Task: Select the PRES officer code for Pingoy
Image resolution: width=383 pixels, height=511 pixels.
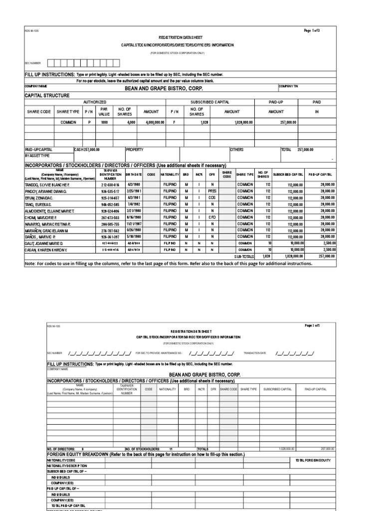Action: [x=212, y=191]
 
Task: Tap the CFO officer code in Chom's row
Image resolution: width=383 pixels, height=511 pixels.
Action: [x=212, y=217]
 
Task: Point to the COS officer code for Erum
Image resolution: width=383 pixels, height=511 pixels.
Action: [x=212, y=198]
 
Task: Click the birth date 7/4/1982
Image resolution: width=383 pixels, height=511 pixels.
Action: [x=133, y=204]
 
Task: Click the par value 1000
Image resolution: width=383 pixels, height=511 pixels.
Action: [x=104, y=122]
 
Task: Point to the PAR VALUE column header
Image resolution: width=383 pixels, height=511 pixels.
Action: [x=104, y=111]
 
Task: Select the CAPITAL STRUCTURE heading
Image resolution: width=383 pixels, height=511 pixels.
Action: [x=47, y=95]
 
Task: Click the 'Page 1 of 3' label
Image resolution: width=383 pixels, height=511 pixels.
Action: [x=311, y=31]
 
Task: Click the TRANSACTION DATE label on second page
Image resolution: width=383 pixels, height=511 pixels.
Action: [x=255, y=353]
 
